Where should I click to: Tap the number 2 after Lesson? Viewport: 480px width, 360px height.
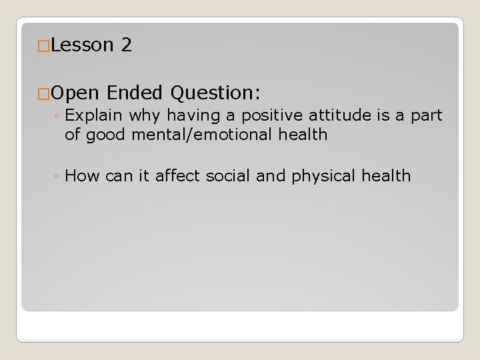pos(127,45)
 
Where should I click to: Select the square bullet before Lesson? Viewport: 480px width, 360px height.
pos(43,46)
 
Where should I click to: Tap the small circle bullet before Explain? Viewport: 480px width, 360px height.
pos(58,116)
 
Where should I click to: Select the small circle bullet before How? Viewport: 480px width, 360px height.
pos(58,177)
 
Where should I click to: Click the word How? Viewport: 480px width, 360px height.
pos(83,176)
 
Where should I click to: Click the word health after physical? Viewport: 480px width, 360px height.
pos(387,176)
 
